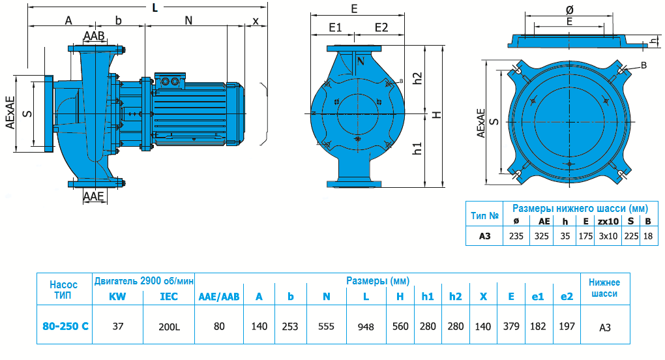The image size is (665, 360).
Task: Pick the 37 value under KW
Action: (x=118, y=325)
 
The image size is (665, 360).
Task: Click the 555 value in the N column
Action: (x=326, y=325)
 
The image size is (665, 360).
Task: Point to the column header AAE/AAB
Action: (x=219, y=296)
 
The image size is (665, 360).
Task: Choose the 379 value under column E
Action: (x=511, y=325)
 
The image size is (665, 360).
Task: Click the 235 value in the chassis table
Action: (x=516, y=235)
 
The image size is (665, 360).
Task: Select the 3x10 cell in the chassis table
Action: (x=608, y=235)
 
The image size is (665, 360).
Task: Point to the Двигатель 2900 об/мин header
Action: (x=144, y=281)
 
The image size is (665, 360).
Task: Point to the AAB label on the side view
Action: (x=95, y=35)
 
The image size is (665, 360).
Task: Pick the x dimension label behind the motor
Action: (x=256, y=20)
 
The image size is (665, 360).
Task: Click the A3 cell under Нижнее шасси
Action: (x=604, y=325)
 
